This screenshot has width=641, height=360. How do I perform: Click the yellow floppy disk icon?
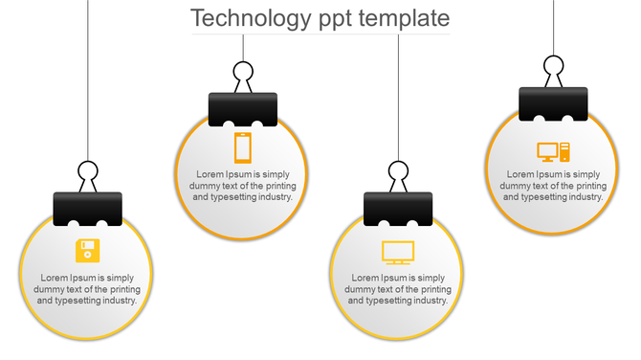click(87, 250)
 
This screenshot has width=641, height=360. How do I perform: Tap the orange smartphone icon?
click(243, 147)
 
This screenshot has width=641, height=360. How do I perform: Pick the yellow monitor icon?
click(397, 252)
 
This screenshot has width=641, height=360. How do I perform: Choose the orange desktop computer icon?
click(553, 151)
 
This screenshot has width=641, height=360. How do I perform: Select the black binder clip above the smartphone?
click(243, 108)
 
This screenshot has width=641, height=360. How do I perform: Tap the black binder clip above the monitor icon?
click(398, 209)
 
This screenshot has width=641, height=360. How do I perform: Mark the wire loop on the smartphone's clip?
click(243, 73)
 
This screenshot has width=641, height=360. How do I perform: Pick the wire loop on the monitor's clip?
click(398, 173)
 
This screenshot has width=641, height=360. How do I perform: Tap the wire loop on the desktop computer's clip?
click(553, 66)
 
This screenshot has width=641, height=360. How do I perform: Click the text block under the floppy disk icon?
click(87, 288)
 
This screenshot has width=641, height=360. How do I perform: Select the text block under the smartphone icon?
click(243, 186)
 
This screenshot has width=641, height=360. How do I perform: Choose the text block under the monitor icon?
click(398, 288)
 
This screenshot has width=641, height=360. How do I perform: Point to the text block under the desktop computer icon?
click(553, 185)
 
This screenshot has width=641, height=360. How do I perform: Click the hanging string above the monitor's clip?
click(398, 96)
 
